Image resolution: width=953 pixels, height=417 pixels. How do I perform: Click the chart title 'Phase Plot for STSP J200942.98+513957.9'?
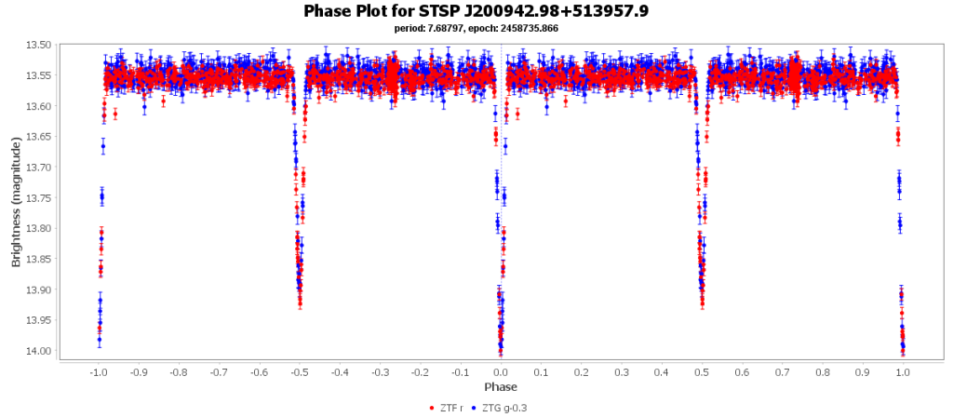tap(476, 11)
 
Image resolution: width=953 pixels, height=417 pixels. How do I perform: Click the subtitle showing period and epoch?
tap(476, 28)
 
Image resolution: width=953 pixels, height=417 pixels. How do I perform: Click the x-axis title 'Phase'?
tap(501, 386)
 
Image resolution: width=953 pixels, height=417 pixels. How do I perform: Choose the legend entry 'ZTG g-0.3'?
tap(502, 408)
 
